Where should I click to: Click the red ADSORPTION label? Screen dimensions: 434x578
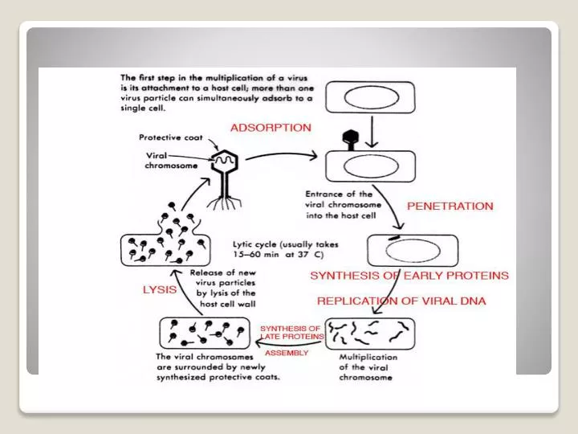pyautogui.click(x=271, y=127)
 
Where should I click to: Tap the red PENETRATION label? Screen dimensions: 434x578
pyautogui.click(x=450, y=206)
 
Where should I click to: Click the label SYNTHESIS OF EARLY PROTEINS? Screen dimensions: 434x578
pyautogui.click(x=409, y=275)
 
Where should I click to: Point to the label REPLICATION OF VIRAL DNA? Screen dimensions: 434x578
pyautogui.click(x=401, y=301)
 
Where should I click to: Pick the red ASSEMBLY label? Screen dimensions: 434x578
pyautogui.click(x=287, y=354)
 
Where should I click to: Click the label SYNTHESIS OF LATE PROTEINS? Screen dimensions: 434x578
pyautogui.click(x=291, y=333)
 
